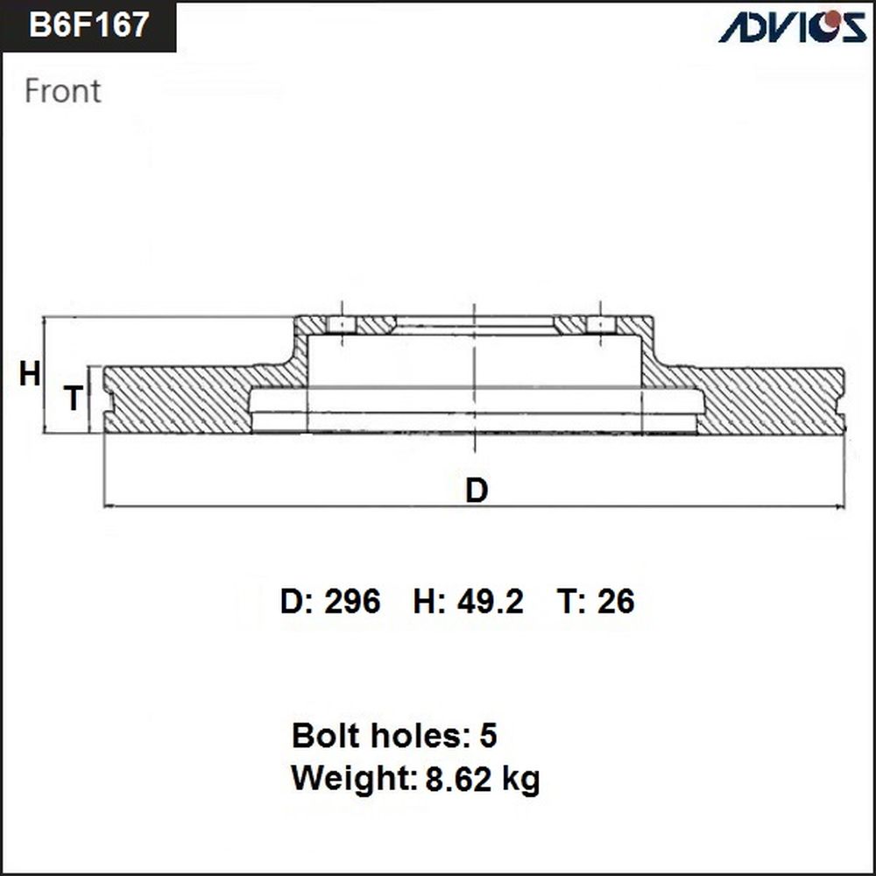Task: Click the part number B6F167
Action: pyautogui.click(x=88, y=25)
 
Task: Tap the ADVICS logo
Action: pyautogui.click(x=792, y=27)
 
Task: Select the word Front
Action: pyautogui.click(x=62, y=91)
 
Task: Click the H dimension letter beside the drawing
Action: pyautogui.click(x=29, y=374)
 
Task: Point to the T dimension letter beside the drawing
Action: pyautogui.click(x=74, y=398)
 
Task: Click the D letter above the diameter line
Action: pyautogui.click(x=477, y=490)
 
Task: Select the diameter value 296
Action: pyautogui.click(x=352, y=601)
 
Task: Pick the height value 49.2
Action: pyautogui.click(x=490, y=601)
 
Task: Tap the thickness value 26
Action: pyautogui.click(x=616, y=601)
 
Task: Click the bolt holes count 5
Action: pyautogui.click(x=488, y=735)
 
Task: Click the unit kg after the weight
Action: pyautogui.click(x=520, y=780)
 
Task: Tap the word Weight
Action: pyautogui.click(x=354, y=778)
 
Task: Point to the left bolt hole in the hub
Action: pyautogui.click(x=342, y=325)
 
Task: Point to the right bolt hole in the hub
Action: pyautogui.click(x=600, y=325)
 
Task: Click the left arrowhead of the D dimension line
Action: pyautogui.click(x=109, y=506)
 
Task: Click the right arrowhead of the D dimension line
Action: pyautogui.click(x=840, y=506)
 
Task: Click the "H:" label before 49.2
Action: pyautogui.click(x=429, y=601)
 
